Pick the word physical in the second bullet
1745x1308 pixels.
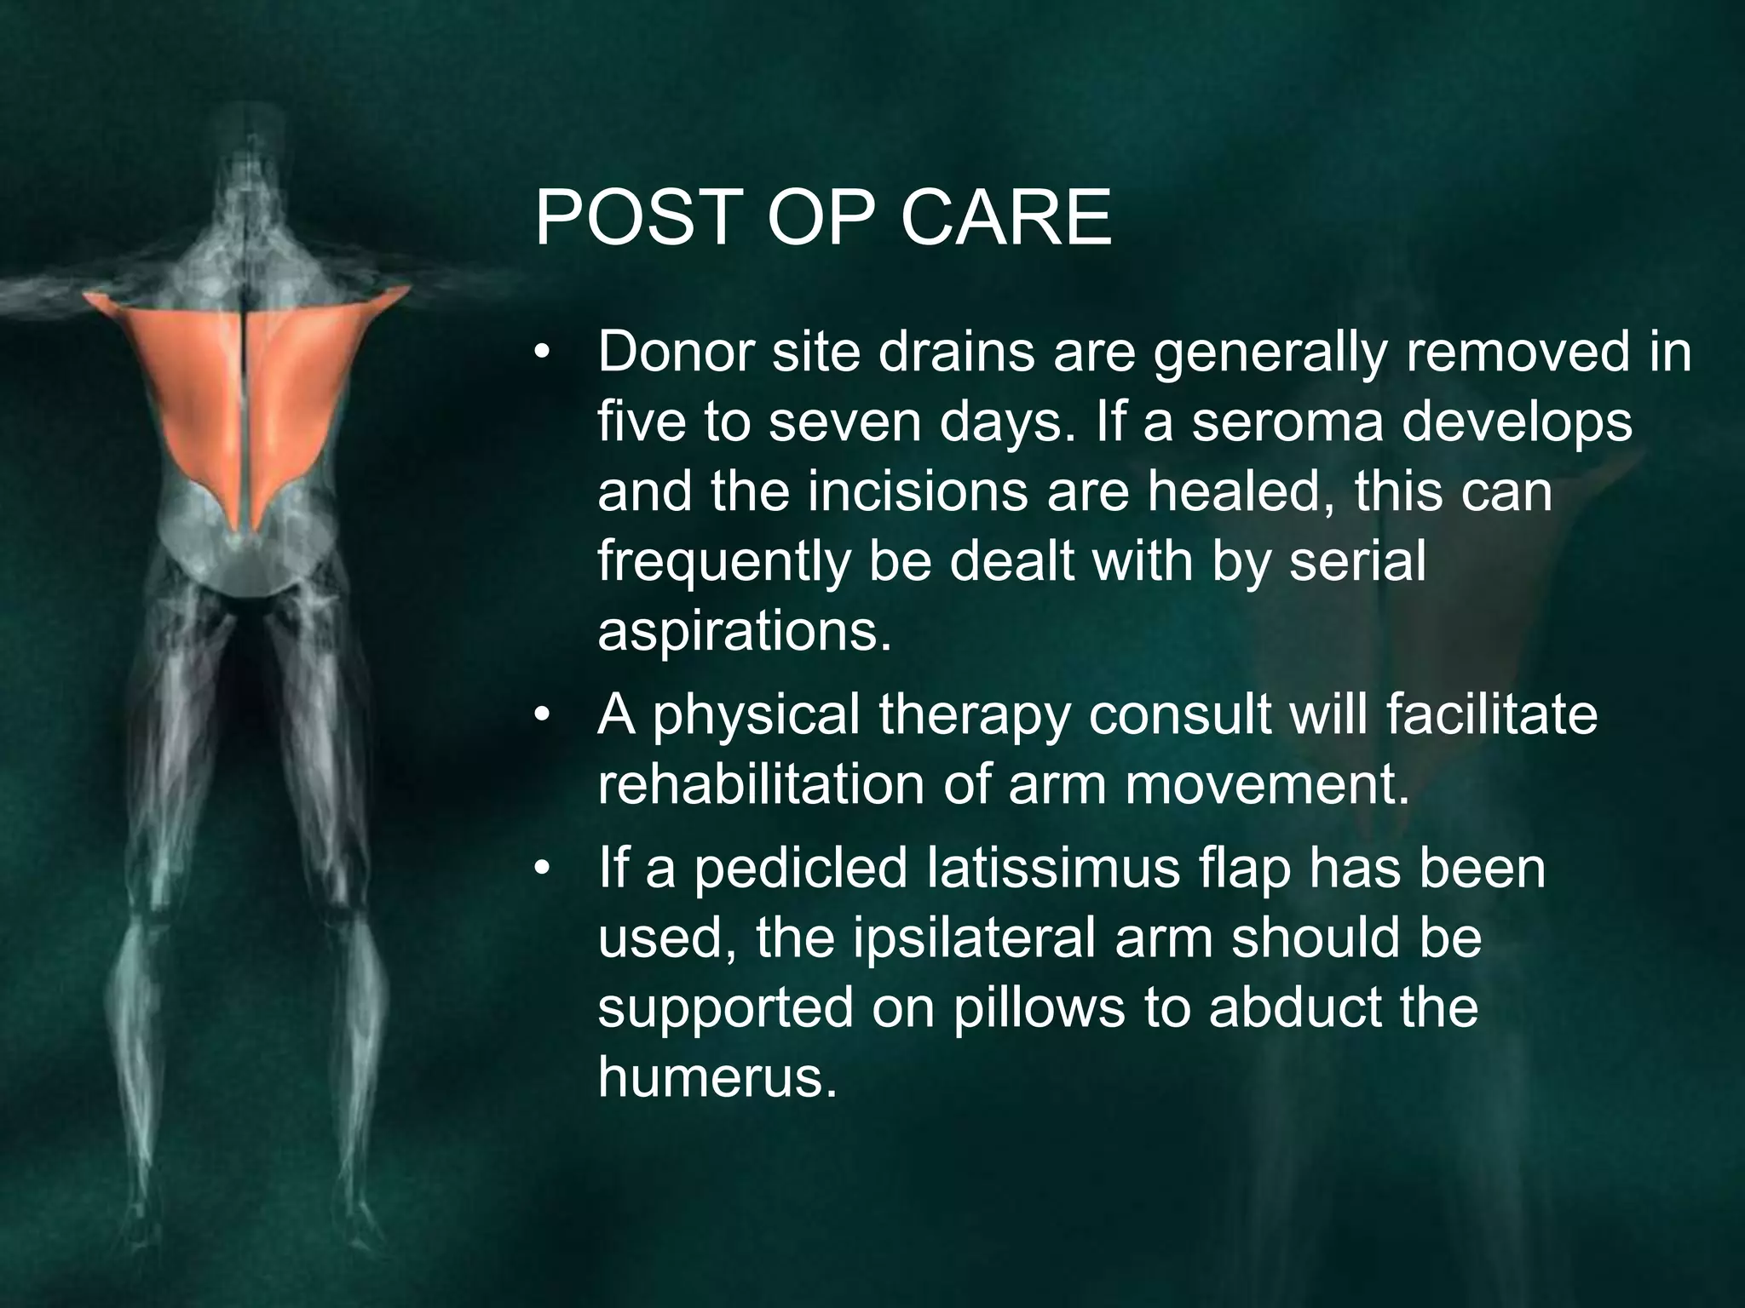click(x=756, y=715)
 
